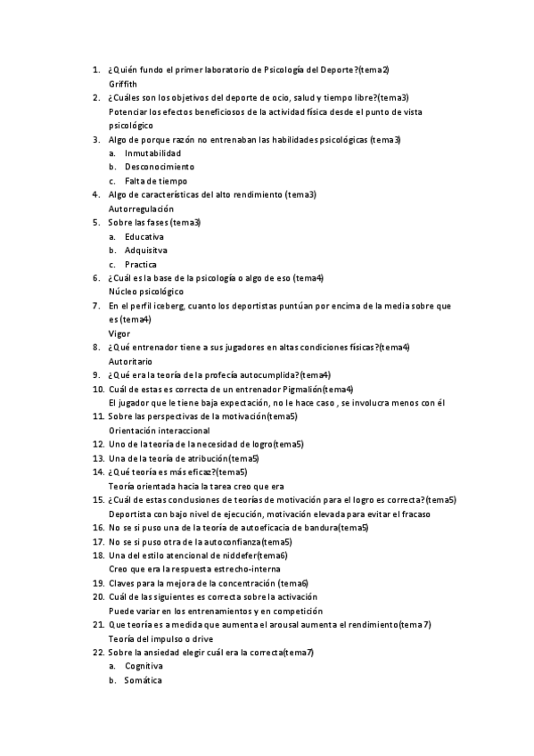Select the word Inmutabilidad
click(x=146, y=153)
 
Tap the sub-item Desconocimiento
click(x=152, y=167)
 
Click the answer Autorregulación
click(x=141, y=209)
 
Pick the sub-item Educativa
click(x=144, y=236)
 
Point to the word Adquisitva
click(x=145, y=251)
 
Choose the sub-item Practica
click(x=141, y=265)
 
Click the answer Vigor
click(x=119, y=333)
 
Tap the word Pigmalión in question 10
click(x=299, y=389)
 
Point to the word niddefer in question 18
click(x=240, y=555)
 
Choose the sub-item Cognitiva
click(x=144, y=666)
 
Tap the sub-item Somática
click(x=144, y=680)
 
